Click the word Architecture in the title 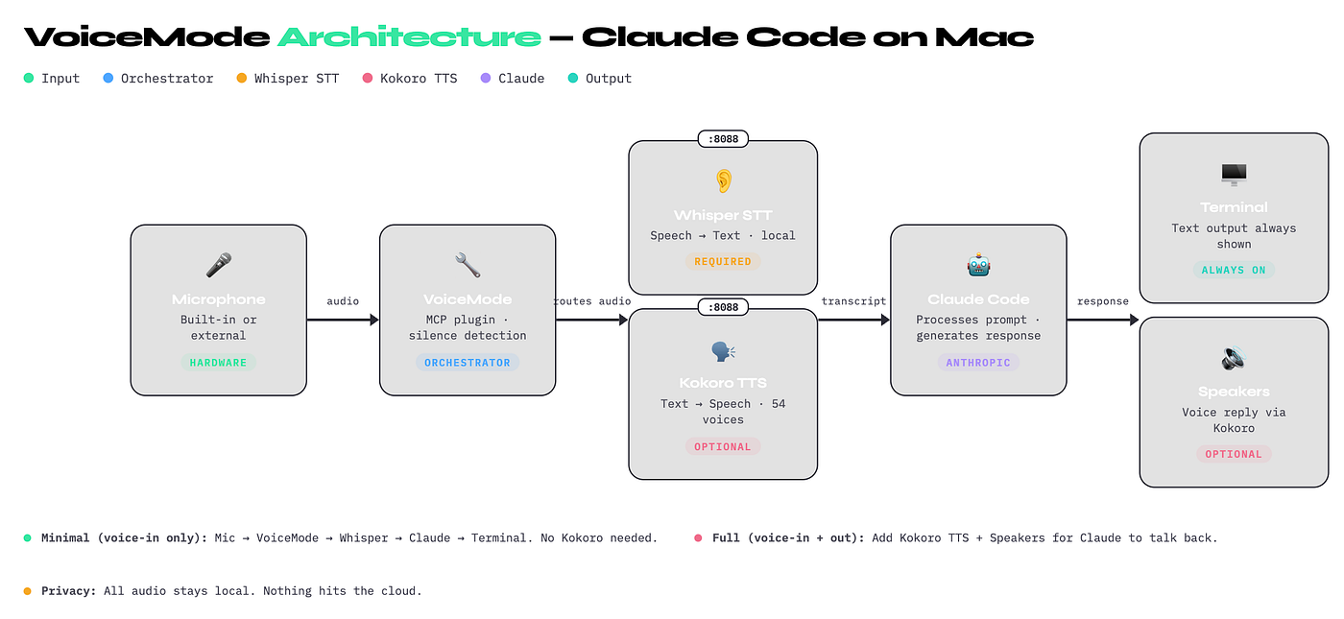[409, 36]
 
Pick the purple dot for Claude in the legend [485, 79]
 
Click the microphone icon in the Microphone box [218, 266]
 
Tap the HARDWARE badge [218, 363]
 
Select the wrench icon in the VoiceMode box [468, 266]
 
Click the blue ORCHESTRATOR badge [468, 363]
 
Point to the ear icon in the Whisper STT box [723, 180]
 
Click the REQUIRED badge [723, 261]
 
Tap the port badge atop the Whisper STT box [723, 140]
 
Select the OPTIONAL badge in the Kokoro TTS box [723, 446]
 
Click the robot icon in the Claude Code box [978, 266]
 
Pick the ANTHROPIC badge [978, 363]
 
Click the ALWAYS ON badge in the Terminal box [1234, 270]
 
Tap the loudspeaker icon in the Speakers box [1234, 358]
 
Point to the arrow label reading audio [343, 301]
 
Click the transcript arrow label [853, 301]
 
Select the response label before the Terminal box [1102, 301]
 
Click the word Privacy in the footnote [67, 591]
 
